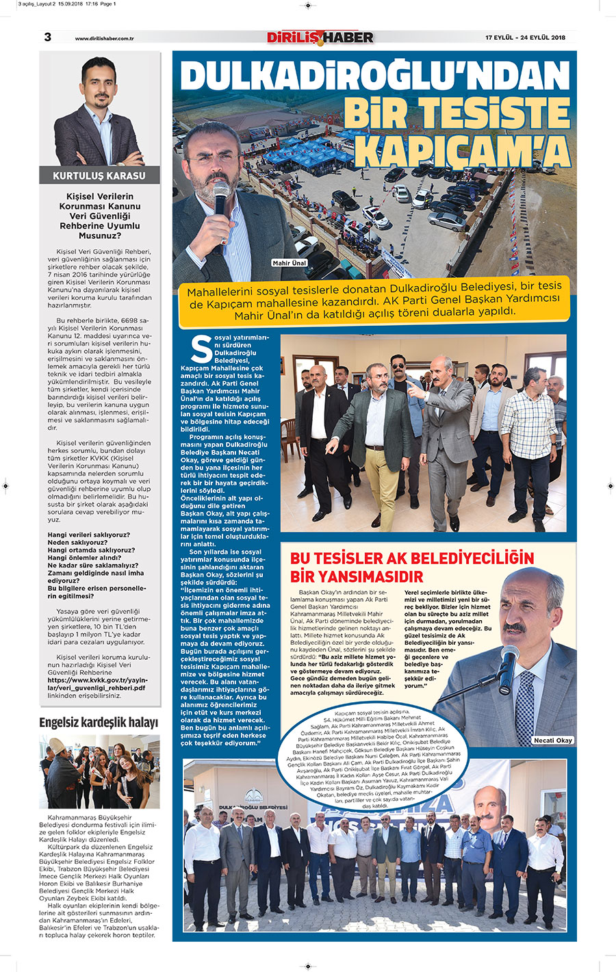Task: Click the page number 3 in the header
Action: [x=47, y=37]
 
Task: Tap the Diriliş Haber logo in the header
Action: [x=320, y=38]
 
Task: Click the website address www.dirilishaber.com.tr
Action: [x=104, y=38]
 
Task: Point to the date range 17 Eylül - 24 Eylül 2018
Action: [x=525, y=38]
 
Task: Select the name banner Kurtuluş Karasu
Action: [x=99, y=176]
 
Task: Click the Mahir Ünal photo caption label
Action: [x=290, y=263]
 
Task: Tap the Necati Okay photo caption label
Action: [x=554, y=741]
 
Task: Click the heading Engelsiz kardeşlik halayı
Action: [x=99, y=723]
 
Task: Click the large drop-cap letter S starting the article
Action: [x=201, y=349]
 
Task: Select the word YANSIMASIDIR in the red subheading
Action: [x=357, y=576]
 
